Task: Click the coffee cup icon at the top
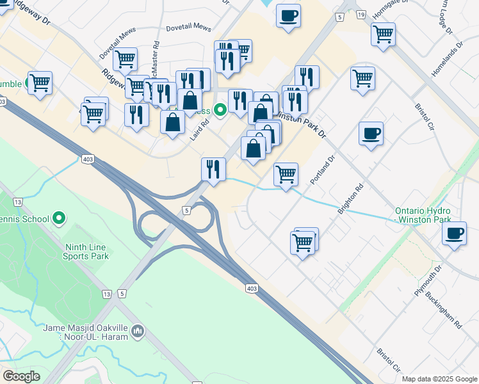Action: click(x=288, y=15)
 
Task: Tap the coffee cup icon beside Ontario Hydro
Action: click(x=454, y=234)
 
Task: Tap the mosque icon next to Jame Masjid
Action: click(x=138, y=331)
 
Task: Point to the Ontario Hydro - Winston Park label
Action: click(x=423, y=215)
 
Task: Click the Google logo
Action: click(x=21, y=376)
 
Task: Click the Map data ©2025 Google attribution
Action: click(x=439, y=379)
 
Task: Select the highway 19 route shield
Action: click(x=361, y=14)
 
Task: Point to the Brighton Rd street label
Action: click(x=351, y=199)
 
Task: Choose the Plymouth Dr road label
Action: click(x=428, y=281)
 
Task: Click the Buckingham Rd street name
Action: click(x=447, y=314)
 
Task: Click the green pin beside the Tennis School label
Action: click(x=60, y=219)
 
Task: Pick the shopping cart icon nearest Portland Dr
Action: click(x=285, y=173)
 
